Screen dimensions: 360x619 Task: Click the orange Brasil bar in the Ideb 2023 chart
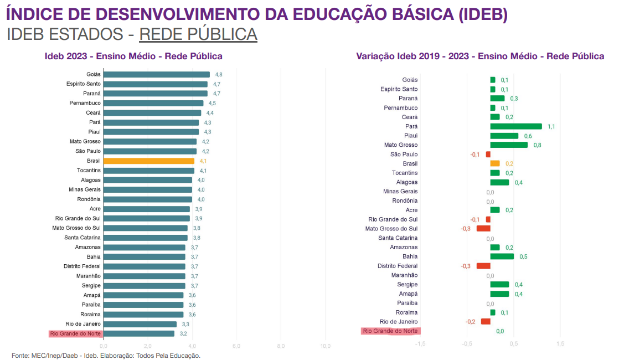[148, 161]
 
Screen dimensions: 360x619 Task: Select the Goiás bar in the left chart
[156, 74]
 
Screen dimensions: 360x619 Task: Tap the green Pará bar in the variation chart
[515, 126]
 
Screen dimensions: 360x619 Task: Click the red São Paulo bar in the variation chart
[488, 155]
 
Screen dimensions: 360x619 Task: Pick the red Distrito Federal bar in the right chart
[483, 266]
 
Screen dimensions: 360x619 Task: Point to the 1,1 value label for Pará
[551, 127]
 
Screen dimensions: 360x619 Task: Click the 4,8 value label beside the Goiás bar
[219, 74]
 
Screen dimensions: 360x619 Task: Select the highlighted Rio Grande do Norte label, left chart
[75, 333]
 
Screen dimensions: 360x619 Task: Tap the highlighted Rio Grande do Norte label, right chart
[390, 331]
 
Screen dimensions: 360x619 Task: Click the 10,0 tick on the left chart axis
[326, 346]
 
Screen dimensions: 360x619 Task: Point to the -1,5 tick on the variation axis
[420, 343]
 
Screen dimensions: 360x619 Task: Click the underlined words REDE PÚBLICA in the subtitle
[198, 34]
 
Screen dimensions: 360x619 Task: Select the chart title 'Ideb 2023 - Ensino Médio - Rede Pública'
[133, 56]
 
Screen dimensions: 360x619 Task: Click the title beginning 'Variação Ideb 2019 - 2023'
[480, 56]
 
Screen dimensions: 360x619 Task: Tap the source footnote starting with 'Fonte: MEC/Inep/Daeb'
[106, 356]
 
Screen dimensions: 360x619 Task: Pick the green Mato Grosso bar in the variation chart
[508, 145]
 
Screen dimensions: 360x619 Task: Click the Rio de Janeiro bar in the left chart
[140, 324]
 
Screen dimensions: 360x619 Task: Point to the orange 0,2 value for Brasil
[509, 164]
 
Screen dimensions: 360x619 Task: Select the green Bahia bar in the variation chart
[502, 256]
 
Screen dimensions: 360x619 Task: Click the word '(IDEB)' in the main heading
[483, 14]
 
